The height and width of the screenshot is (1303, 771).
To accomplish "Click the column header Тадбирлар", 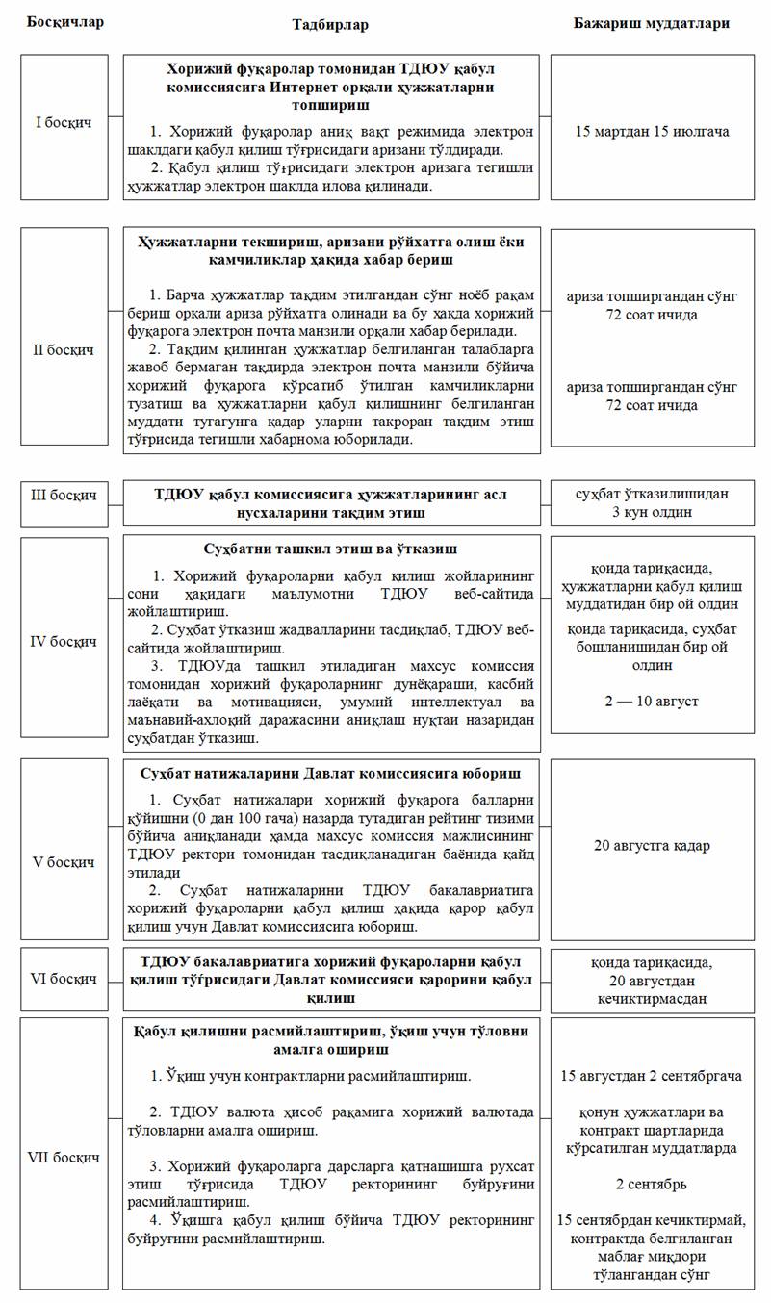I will [330, 24].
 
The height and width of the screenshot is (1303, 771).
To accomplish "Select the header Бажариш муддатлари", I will [652, 22].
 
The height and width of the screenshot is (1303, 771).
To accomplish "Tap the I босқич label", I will [64, 124].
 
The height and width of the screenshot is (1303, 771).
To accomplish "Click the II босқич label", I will [64, 350].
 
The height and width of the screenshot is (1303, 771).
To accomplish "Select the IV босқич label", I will [64, 640].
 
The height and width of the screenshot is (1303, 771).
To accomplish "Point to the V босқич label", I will [64, 863].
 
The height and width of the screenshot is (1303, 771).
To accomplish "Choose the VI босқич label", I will [64, 979].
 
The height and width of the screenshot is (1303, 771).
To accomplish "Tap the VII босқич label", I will [64, 1157].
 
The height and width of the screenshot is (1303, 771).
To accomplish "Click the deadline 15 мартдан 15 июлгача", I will [652, 129].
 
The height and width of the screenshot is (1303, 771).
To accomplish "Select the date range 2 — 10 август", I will [652, 702].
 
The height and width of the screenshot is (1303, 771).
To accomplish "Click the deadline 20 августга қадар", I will [652, 846].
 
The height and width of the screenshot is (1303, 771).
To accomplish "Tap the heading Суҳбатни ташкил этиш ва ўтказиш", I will [331, 549].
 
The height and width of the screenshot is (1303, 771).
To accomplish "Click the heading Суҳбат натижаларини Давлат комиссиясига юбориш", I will [331, 773].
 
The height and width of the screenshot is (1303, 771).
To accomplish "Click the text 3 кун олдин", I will [652, 512].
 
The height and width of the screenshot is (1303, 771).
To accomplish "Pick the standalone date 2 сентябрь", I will [652, 1183].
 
